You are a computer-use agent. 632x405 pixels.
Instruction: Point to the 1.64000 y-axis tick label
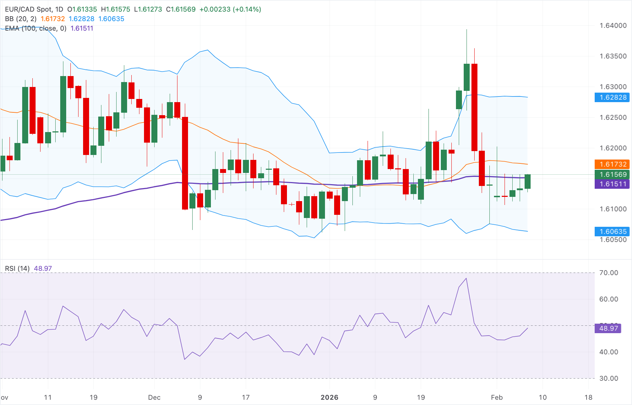[x=613, y=25]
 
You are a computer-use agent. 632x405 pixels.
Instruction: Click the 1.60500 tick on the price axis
[x=613, y=240]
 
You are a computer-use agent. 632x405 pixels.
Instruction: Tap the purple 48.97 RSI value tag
[x=608, y=328]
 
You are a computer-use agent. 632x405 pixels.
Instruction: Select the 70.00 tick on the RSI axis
[x=608, y=273]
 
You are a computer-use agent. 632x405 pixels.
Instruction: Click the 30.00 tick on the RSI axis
[x=608, y=378]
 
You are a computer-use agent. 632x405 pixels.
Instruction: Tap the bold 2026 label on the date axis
[x=330, y=397]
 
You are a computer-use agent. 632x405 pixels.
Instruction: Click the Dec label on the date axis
[x=154, y=397]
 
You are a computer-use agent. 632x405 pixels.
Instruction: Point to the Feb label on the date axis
[x=497, y=397]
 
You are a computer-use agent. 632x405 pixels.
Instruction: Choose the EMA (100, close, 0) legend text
[x=36, y=28]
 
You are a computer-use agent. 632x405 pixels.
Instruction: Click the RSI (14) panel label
[x=17, y=268]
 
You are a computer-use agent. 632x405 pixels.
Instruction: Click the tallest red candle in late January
[x=474, y=107]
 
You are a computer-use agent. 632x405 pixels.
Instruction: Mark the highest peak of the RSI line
[x=466, y=279]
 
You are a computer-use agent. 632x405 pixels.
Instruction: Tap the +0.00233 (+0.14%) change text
[x=230, y=9]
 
